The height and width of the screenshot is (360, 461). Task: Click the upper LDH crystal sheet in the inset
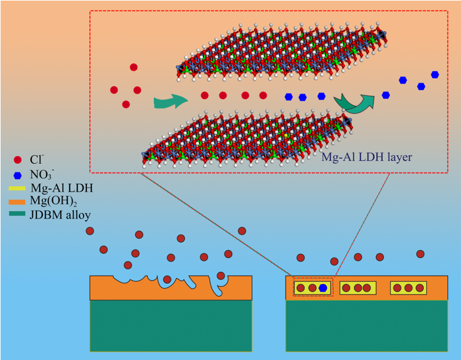tap(279, 56)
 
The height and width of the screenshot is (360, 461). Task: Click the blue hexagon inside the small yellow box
tap(323, 287)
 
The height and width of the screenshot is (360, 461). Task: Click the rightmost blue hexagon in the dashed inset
tap(435, 74)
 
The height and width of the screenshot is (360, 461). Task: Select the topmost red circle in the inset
tap(133, 67)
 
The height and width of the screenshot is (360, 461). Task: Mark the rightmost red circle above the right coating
tap(420, 254)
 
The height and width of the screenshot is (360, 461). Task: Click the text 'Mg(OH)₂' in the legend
tap(48, 202)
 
